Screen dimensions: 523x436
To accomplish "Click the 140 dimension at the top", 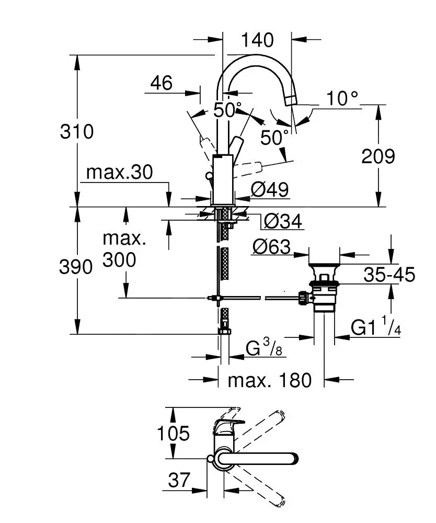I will click(x=257, y=39).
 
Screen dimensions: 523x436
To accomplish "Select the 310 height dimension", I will click(x=77, y=131).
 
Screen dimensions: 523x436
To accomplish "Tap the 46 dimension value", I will click(x=162, y=82).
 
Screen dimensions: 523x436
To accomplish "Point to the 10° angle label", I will click(x=342, y=98).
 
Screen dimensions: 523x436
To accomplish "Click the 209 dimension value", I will click(x=378, y=156).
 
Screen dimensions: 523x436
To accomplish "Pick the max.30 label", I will click(x=120, y=172).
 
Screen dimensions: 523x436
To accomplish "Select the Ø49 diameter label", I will click(x=269, y=189).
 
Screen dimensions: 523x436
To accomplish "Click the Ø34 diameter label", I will click(x=283, y=221).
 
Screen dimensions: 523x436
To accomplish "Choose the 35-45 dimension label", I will click(x=389, y=274).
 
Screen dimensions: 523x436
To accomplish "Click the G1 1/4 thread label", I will click(x=375, y=328).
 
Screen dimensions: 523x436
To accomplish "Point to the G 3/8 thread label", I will click(x=264, y=348).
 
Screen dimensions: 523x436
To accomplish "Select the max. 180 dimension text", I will click(x=269, y=380).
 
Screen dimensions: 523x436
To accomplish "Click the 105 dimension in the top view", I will click(x=173, y=433).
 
